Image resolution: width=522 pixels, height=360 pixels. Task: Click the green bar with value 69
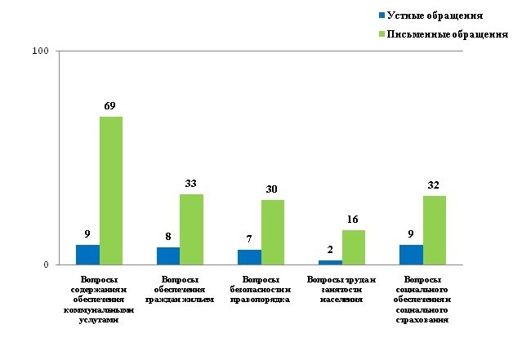[111, 190]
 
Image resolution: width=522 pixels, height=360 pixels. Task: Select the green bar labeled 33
[192, 229]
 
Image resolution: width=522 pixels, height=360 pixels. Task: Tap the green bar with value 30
[273, 232]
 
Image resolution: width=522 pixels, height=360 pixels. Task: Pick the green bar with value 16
[354, 247]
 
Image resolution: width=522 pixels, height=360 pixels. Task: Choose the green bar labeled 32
[435, 230]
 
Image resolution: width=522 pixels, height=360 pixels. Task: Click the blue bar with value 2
[330, 262]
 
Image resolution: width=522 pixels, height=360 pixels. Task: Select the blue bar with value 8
[168, 256]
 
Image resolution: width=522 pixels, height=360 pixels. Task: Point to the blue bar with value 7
[249, 256]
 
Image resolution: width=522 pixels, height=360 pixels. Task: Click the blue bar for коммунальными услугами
[87, 255]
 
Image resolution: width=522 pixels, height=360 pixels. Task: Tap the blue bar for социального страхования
[411, 255]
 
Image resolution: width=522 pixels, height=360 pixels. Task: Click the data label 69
[112, 106]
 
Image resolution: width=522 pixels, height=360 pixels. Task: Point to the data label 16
[354, 220]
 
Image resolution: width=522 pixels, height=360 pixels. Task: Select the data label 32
[434, 185]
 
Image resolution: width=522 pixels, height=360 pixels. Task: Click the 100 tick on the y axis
[41, 51]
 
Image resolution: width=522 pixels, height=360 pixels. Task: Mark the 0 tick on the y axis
[46, 264]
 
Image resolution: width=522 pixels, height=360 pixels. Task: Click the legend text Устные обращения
[433, 15]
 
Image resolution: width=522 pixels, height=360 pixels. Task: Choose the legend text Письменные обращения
[447, 34]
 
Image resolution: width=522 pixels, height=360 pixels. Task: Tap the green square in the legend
[381, 34]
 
